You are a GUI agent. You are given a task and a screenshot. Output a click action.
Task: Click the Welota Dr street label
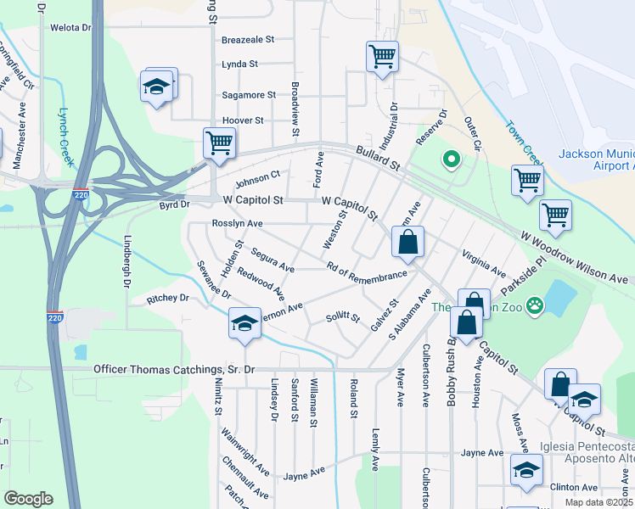(70, 27)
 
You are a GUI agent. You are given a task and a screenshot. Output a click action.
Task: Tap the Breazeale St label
(248, 39)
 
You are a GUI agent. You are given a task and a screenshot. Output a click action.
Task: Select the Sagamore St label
(249, 95)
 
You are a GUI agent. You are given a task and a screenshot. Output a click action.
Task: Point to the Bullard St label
(378, 157)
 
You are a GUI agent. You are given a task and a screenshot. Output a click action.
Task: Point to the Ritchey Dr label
(167, 299)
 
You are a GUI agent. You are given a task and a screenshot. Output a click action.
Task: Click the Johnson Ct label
(257, 181)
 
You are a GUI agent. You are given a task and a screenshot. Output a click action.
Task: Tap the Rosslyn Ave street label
(237, 224)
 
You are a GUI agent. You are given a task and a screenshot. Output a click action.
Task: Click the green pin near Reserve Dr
(452, 159)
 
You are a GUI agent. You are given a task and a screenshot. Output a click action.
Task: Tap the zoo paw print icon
(535, 305)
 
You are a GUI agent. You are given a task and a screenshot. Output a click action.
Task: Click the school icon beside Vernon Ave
(244, 324)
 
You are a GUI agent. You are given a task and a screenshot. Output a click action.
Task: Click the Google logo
(28, 499)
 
